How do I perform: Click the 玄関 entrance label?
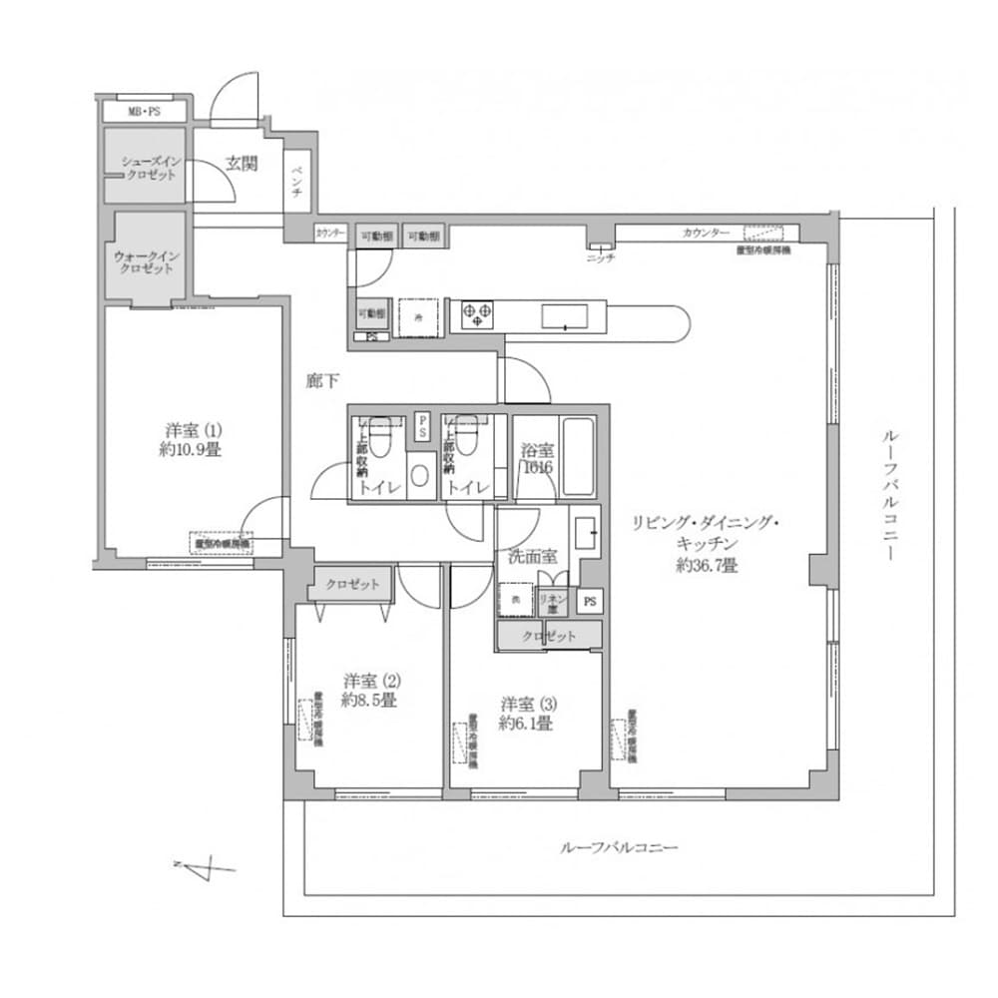coord(241,164)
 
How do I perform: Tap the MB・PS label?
coord(144,112)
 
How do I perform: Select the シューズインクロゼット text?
coord(149,168)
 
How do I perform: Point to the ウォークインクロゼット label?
coord(148,261)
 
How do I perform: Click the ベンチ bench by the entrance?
coord(296,180)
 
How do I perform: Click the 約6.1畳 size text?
coord(525,724)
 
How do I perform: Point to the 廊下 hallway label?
coord(321,380)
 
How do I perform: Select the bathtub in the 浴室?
coord(578,456)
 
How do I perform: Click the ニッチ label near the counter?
coord(601,257)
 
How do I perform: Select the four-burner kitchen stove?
coord(474,316)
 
